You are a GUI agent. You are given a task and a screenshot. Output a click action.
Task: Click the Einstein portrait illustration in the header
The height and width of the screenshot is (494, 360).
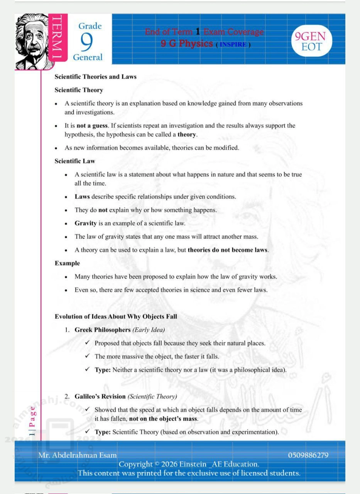[32, 42]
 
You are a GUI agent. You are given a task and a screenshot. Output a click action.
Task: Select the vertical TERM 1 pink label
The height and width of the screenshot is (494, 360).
[57, 39]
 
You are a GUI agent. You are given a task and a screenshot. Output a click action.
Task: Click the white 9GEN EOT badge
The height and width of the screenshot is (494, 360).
[311, 42]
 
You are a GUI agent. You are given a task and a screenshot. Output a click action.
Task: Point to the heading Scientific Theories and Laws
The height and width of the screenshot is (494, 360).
[95, 77]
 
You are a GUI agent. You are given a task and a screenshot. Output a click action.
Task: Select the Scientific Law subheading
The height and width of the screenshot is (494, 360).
[74, 161]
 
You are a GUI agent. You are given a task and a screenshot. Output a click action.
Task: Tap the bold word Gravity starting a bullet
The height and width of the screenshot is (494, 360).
[85, 223]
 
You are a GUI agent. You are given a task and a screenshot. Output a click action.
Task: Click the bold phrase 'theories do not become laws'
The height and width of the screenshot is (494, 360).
[228, 250]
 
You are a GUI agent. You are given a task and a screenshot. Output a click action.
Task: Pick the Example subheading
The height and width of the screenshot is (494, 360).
[67, 263]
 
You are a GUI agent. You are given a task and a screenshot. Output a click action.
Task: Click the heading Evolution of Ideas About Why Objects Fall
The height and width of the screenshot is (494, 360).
[116, 317]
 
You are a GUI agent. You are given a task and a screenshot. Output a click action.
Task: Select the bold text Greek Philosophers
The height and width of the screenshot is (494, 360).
[103, 330]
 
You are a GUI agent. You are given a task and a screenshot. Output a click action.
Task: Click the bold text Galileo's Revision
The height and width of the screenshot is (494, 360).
[100, 396]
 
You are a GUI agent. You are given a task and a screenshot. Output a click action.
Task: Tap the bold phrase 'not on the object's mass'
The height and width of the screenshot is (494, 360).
[163, 419]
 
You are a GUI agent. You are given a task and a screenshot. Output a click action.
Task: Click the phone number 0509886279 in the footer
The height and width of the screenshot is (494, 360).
[308, 455]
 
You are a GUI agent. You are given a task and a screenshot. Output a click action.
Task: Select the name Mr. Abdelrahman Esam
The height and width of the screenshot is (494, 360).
[77, 455]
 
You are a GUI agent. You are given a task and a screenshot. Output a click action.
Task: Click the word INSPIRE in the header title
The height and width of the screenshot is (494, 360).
[233, 44]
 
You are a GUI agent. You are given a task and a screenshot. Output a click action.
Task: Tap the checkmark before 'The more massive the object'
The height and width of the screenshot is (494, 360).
[88, 356]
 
